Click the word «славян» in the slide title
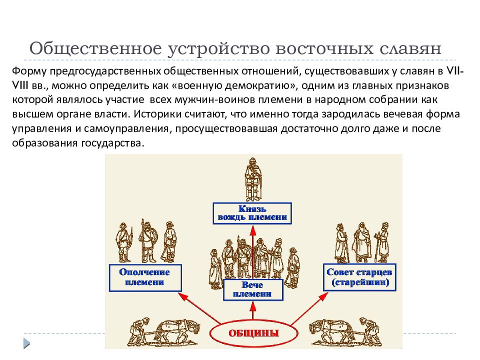click(x=410, y=48)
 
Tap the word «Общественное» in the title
click(x=95, y=48)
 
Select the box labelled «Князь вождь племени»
click(x=252, y=213)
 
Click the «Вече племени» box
click(x=253, y=289)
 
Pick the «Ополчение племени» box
click(x=145, y=277)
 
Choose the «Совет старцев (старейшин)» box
click(x=359, y=277)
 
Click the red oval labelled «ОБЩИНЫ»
click(x=254, y=333)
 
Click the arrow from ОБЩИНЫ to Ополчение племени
click(x=199, y=308)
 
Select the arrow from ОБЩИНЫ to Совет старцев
click(x=309, y=308)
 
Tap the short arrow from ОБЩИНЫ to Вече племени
click(x=253, y=310)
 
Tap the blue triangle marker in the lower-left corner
click(x=27, y=343)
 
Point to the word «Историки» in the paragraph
click(x=156, y=114)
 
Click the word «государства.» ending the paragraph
click(x=112, y=143)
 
